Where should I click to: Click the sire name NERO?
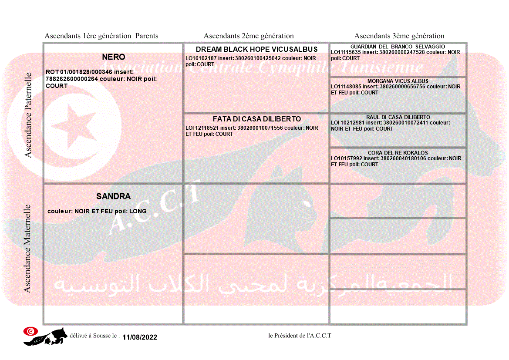pyautogui.click(x=113, y=57)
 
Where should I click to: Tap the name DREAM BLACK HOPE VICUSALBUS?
pyautogui.click(x=256, y=49)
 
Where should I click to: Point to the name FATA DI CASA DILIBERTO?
pyautogui.click(x=256, y=119)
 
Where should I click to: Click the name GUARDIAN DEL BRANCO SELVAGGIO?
pyautogui.click(x=398, y=47)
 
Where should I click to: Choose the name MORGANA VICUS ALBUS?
pyautogui.click(x=398, y=81)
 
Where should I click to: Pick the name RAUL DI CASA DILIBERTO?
pyautogui.click(x=398, y=117)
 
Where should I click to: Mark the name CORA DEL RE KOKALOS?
pyautogui.click(x=398, y=153)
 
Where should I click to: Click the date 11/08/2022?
pyautogui.click(x=140, y=337)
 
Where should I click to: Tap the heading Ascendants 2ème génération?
pyautogui.click(x=249, y=36)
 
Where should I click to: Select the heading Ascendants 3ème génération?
pyautogui.click(x=399, y=36)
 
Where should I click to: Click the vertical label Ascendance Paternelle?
pyautogui.click(x=29, y=115)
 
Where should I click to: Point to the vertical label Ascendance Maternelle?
pyautogui.click(x=27, y=248)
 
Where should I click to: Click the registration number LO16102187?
pyautogui.click(x=201, y=58)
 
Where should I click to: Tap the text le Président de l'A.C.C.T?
pyautogui.click(x=300, y=335)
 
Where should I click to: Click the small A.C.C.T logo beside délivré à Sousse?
pyautogui.click(x=45, y=336)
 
